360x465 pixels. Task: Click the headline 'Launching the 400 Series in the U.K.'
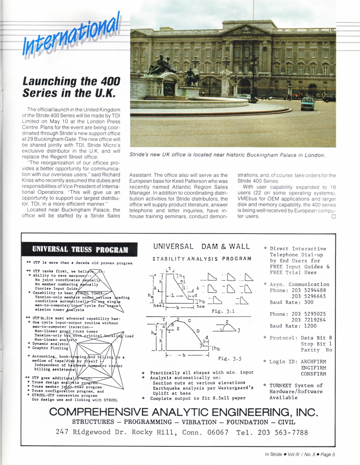(x=72, y=87)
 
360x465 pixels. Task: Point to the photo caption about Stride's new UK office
(x=227, y=155)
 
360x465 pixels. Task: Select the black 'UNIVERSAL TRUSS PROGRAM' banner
(x=79, y=249)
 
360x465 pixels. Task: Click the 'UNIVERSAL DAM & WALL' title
(x=202, y=246)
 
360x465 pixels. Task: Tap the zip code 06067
(x=216, y=432)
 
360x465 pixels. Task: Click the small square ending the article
(x=333, y=217)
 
